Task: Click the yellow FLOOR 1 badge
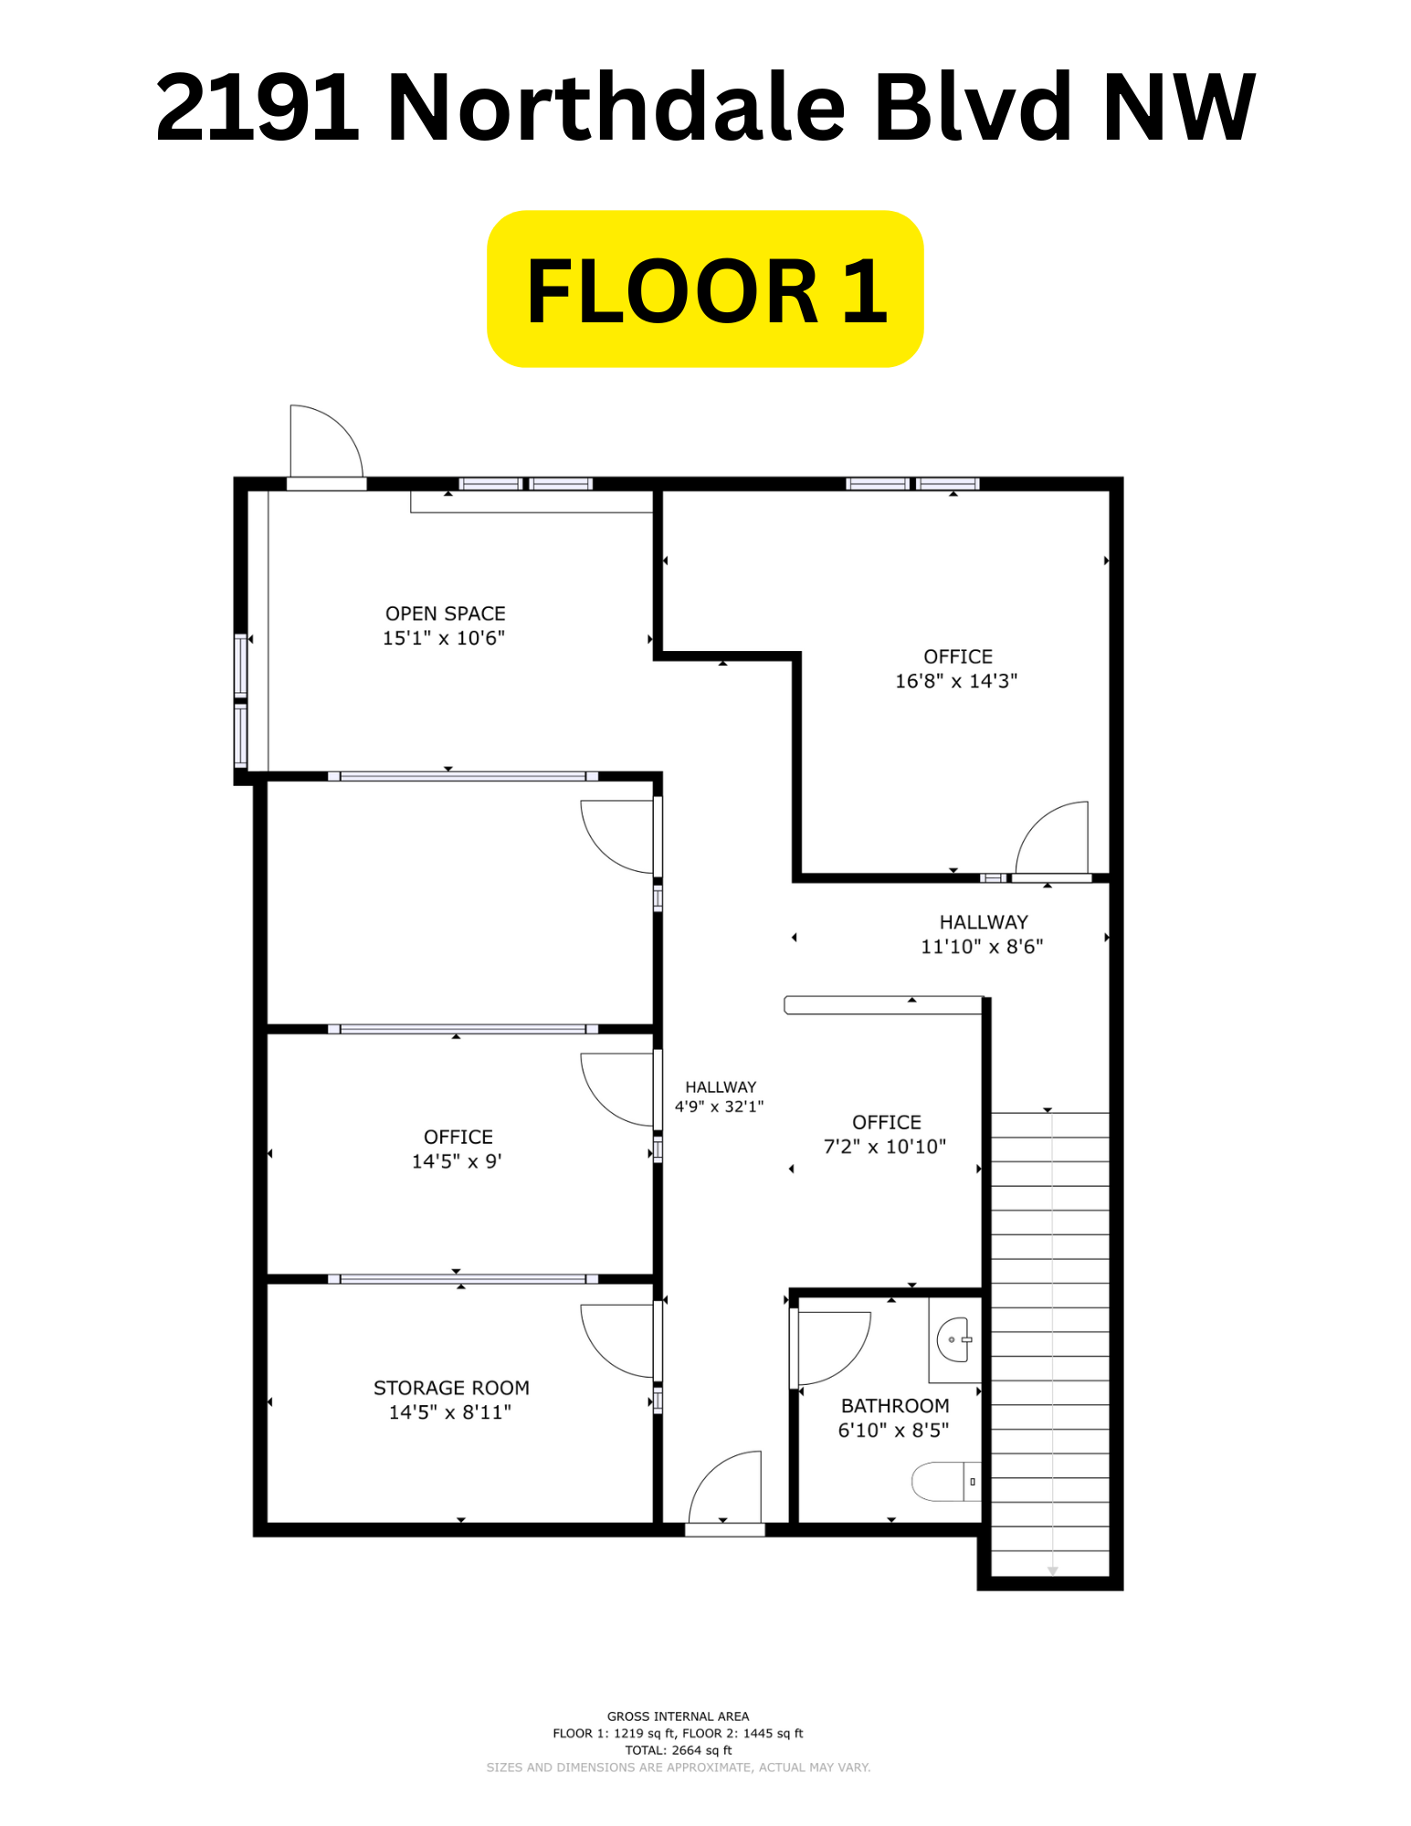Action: point(705,289)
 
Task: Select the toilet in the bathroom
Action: point(946,1481)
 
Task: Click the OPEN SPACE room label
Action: point(445,614)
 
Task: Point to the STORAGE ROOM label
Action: point(451,1388)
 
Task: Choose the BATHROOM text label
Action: point(895,1406)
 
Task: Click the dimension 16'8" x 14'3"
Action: point(956,681)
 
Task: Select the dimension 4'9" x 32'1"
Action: point(720,1107)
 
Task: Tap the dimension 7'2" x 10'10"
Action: point(885,1147)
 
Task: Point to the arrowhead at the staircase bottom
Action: point(1053,1571)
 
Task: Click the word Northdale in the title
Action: point(617,107)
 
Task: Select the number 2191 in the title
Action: point(258,108)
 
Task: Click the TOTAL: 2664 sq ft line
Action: point(679,1750)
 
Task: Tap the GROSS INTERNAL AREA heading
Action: point(679,1716)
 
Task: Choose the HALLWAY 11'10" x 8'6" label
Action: point(983,934)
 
